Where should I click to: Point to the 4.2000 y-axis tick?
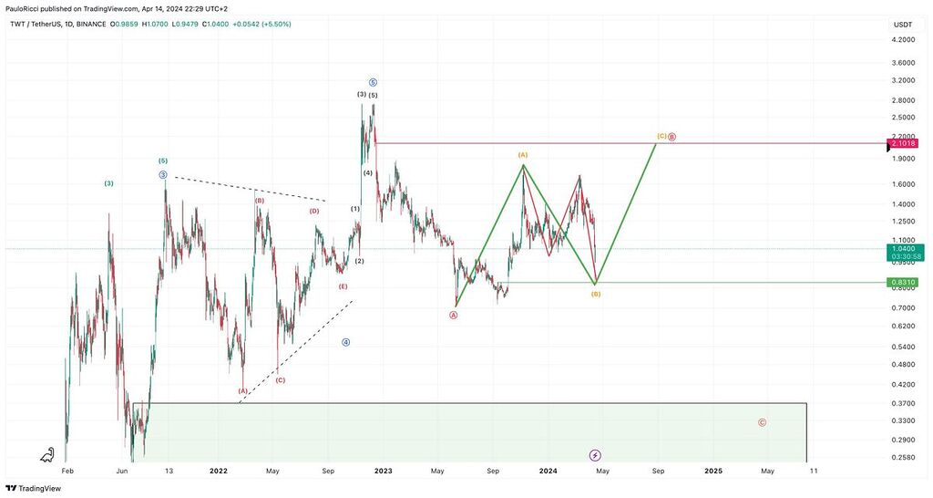pos(904,40)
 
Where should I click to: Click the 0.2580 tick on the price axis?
pos(904,457)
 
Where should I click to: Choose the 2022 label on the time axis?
pos(218,472)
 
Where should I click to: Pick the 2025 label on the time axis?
pos(713,472)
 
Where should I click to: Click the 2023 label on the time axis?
pos(383,472)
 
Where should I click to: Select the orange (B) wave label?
pos(595,294)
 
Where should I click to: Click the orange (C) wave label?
pos(661,137)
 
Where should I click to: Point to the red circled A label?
pos(454,315)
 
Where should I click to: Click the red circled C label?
pos(762,422)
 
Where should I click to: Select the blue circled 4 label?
pos(346,342)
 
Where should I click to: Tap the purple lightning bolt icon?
pos(595,454)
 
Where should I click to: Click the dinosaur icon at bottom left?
pos(47,454)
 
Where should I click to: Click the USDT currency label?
pos(903,25)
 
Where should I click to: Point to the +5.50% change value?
pos(275,24)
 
